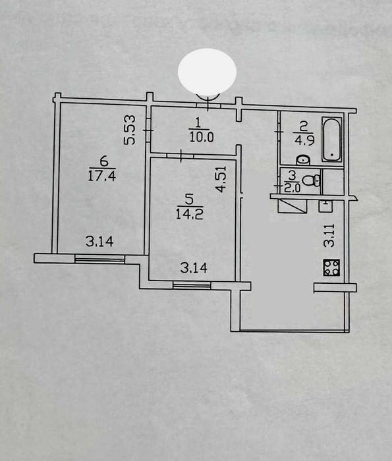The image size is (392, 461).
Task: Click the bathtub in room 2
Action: tap(332, 140)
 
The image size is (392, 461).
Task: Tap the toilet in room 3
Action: tap(311, 180)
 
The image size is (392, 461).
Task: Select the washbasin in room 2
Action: tap(302, 160)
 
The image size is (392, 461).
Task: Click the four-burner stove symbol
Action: tap(331, 267)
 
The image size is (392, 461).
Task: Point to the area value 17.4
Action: tap(102, 176)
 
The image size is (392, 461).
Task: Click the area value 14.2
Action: tap(190, 214)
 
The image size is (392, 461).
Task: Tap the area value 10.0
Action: tap(202, 137)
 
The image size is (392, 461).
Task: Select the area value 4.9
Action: tap(304, 140)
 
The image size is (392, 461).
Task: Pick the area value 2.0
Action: tap(293, 188)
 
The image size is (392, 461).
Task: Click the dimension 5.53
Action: tap(129, 130)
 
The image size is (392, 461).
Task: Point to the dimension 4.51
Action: tap(221, 179)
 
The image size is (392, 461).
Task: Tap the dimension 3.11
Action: tap(329, 235)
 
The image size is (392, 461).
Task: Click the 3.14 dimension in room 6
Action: tap(99, 242)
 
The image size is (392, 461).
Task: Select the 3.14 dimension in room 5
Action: tap(194, 268)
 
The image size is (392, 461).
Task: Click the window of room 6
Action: tap(100, 258)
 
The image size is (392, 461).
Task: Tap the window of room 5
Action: tap(192, 285)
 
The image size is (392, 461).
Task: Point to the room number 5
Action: tap(189, 200)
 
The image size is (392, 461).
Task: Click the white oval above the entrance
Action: tap(207, 72)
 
